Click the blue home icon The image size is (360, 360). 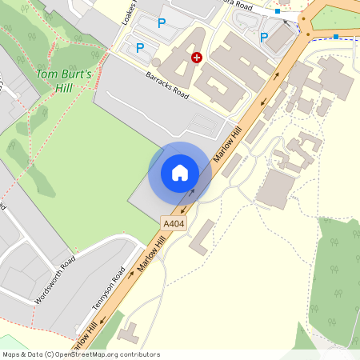(180, 173)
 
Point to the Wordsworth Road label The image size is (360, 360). (55, 280)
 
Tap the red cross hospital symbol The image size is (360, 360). (197, 57)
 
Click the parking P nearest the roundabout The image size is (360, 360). (264, 37)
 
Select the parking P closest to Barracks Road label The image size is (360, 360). (140, 48)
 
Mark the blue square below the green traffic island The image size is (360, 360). (336, 37)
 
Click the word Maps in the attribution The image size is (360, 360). (11, 354)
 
